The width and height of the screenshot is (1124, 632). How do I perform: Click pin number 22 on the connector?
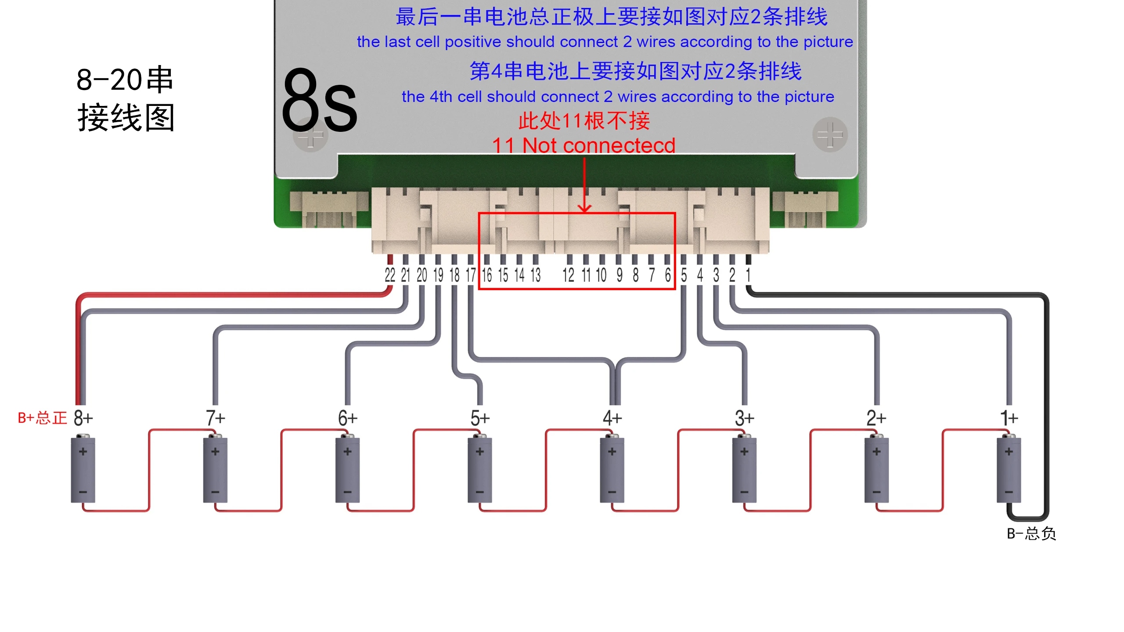click(389, 275)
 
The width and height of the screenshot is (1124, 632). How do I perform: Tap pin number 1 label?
click(748, 275)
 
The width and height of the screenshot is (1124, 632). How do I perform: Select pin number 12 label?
click(568, 275)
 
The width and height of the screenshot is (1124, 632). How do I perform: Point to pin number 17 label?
click(471, 275)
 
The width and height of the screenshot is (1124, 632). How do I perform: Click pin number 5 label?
click(684, 275)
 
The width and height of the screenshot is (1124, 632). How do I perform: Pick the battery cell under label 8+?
click(83, 469)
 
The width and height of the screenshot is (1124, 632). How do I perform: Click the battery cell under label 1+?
click(1009, 469)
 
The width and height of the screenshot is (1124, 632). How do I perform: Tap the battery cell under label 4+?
click(612, 469)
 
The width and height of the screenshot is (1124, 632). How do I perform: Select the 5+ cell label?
click(480, 418)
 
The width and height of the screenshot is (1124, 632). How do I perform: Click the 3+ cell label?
click(744, 418)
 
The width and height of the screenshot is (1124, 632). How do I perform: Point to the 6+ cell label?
click(348, 418)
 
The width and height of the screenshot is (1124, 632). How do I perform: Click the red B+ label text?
click(42, 418)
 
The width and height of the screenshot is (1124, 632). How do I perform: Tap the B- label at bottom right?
click(1031, 534)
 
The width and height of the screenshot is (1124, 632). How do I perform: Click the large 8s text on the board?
click(319, 101)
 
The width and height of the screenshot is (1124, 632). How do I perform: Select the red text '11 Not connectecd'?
click(583, 145)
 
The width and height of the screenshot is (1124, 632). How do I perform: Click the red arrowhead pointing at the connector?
click(584, 208)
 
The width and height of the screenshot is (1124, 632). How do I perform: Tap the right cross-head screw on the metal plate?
click(830, 134)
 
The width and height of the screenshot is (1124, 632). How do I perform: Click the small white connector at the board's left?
click(329, 209)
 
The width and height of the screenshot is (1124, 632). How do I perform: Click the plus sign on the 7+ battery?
click(215, 452)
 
